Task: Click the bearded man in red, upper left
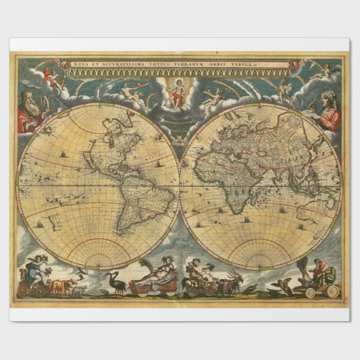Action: [31, 112]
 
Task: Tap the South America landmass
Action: [129, 204]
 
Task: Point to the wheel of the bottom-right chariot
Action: [332, 291]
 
